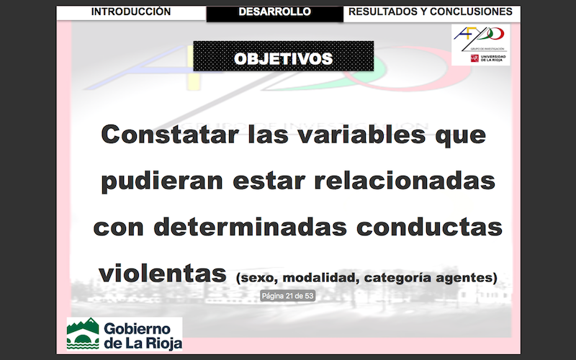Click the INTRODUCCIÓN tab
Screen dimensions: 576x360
pos(131,12)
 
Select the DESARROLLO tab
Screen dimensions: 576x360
pos(275,12)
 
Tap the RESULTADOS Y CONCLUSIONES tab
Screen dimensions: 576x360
pos(431,12)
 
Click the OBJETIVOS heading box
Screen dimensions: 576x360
pos(283,56)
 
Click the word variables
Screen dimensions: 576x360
pos(361,134)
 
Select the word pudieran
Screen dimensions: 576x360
pos(162,181)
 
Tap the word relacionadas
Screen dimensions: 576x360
pos(405,180)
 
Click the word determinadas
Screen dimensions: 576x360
pos(250,227)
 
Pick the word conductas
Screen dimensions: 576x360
pos(429,227)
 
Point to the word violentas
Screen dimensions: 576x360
pos(163,273)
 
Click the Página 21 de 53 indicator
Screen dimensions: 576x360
pos(287,296)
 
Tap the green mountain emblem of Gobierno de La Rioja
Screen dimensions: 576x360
pos(83,333)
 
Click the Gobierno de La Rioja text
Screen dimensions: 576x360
pos(143,336)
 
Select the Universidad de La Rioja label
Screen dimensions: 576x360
pos(493,58)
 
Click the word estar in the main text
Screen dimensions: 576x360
pos(269,181)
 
